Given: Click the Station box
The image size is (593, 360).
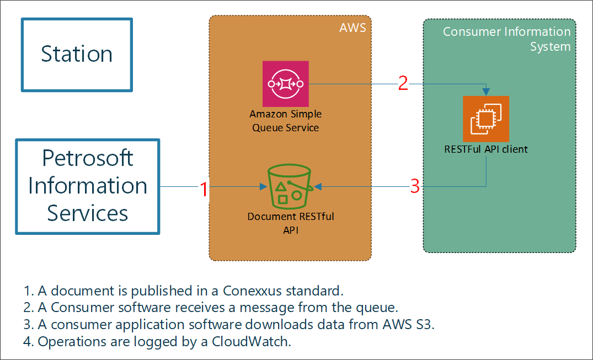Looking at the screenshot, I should point(77,55).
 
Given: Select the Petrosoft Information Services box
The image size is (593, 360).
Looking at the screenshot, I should point(88,186).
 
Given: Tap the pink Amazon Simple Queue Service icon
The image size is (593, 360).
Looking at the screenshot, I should point(285,84).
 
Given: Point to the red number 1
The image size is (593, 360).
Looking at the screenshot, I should point(204,189).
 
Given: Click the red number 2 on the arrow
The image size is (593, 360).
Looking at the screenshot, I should point(403,84).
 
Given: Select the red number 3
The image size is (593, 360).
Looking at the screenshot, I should point(415,187).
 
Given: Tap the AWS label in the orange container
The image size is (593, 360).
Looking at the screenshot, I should point(352,28).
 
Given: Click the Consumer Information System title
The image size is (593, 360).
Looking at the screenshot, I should point(506,39).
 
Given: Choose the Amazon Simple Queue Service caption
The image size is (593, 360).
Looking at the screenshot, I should point(285,121).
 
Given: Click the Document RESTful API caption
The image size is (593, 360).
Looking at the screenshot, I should point(290,223).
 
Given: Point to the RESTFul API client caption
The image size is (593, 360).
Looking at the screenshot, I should point(486,149).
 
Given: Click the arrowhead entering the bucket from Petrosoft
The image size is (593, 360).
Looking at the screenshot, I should point(263,186).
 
